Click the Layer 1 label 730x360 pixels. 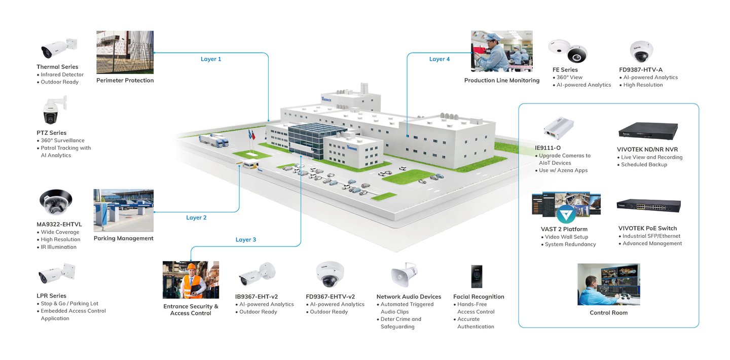211,59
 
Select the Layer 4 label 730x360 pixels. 440,59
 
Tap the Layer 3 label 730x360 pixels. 246,240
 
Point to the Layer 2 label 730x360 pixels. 196,218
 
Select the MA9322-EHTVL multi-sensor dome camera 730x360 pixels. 56,202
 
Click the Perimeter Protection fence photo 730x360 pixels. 125,52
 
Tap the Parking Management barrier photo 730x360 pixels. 124,210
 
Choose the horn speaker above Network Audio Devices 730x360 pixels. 404,274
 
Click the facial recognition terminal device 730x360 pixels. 477,276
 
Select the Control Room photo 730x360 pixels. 608,284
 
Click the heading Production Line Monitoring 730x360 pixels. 502,80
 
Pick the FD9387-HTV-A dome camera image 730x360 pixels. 641,52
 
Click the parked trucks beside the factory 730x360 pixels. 214,140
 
